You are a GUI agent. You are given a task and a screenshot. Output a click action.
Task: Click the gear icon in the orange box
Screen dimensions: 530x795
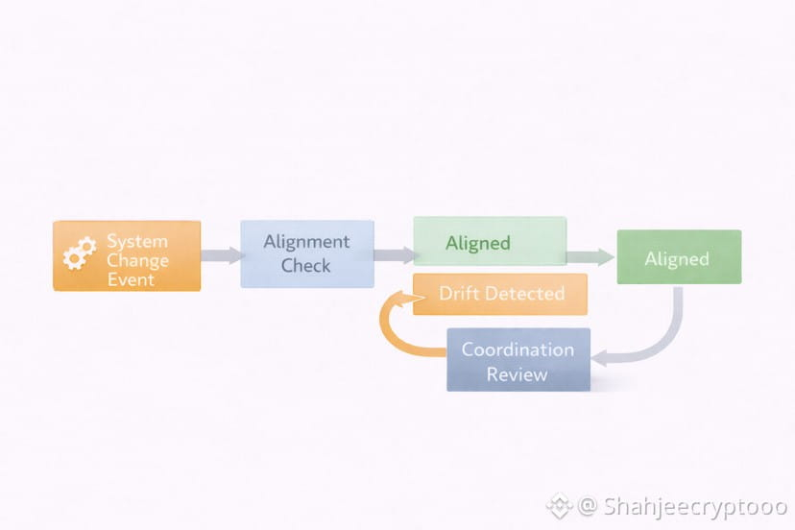[x=79, y=253]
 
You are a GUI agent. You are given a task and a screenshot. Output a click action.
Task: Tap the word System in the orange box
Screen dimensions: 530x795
[x=137, y=241]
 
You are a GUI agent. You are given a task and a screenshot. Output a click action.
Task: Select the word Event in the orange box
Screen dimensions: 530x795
[x=131, y=279]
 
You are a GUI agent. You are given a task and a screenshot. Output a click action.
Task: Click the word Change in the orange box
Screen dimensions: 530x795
[x=137, y=260]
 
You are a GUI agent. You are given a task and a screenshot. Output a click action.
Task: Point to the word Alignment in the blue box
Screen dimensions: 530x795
[x=307, y=241]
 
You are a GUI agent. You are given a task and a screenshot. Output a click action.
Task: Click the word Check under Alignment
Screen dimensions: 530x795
[x=306, y=265]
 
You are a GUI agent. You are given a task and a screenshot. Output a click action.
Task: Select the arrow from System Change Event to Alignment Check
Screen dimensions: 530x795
[x=221, y=255]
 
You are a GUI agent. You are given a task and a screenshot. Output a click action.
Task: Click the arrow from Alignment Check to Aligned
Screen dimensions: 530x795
[x=394, y=255]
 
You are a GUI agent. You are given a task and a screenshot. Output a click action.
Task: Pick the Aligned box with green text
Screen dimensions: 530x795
[x=490, y=242]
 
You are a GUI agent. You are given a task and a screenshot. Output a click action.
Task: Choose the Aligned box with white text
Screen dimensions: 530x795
[x=678, y=257]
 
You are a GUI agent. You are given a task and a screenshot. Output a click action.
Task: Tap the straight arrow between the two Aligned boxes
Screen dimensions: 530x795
[x=590, y=256]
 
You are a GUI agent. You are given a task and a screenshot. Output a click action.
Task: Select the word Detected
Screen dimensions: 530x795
[x=523, y=294]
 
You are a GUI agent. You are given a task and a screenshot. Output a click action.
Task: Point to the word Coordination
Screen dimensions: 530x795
[x=518, y=349]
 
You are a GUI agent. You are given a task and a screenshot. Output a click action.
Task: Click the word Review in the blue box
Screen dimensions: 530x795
[x=517, y=373]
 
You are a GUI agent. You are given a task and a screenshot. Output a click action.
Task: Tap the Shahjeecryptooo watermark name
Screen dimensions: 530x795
[x=695, y=505]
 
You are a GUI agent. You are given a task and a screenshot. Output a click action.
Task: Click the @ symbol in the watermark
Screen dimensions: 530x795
[x=588, y=505]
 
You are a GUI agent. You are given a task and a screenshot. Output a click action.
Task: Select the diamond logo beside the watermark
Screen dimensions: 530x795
[x=560, y=505]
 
